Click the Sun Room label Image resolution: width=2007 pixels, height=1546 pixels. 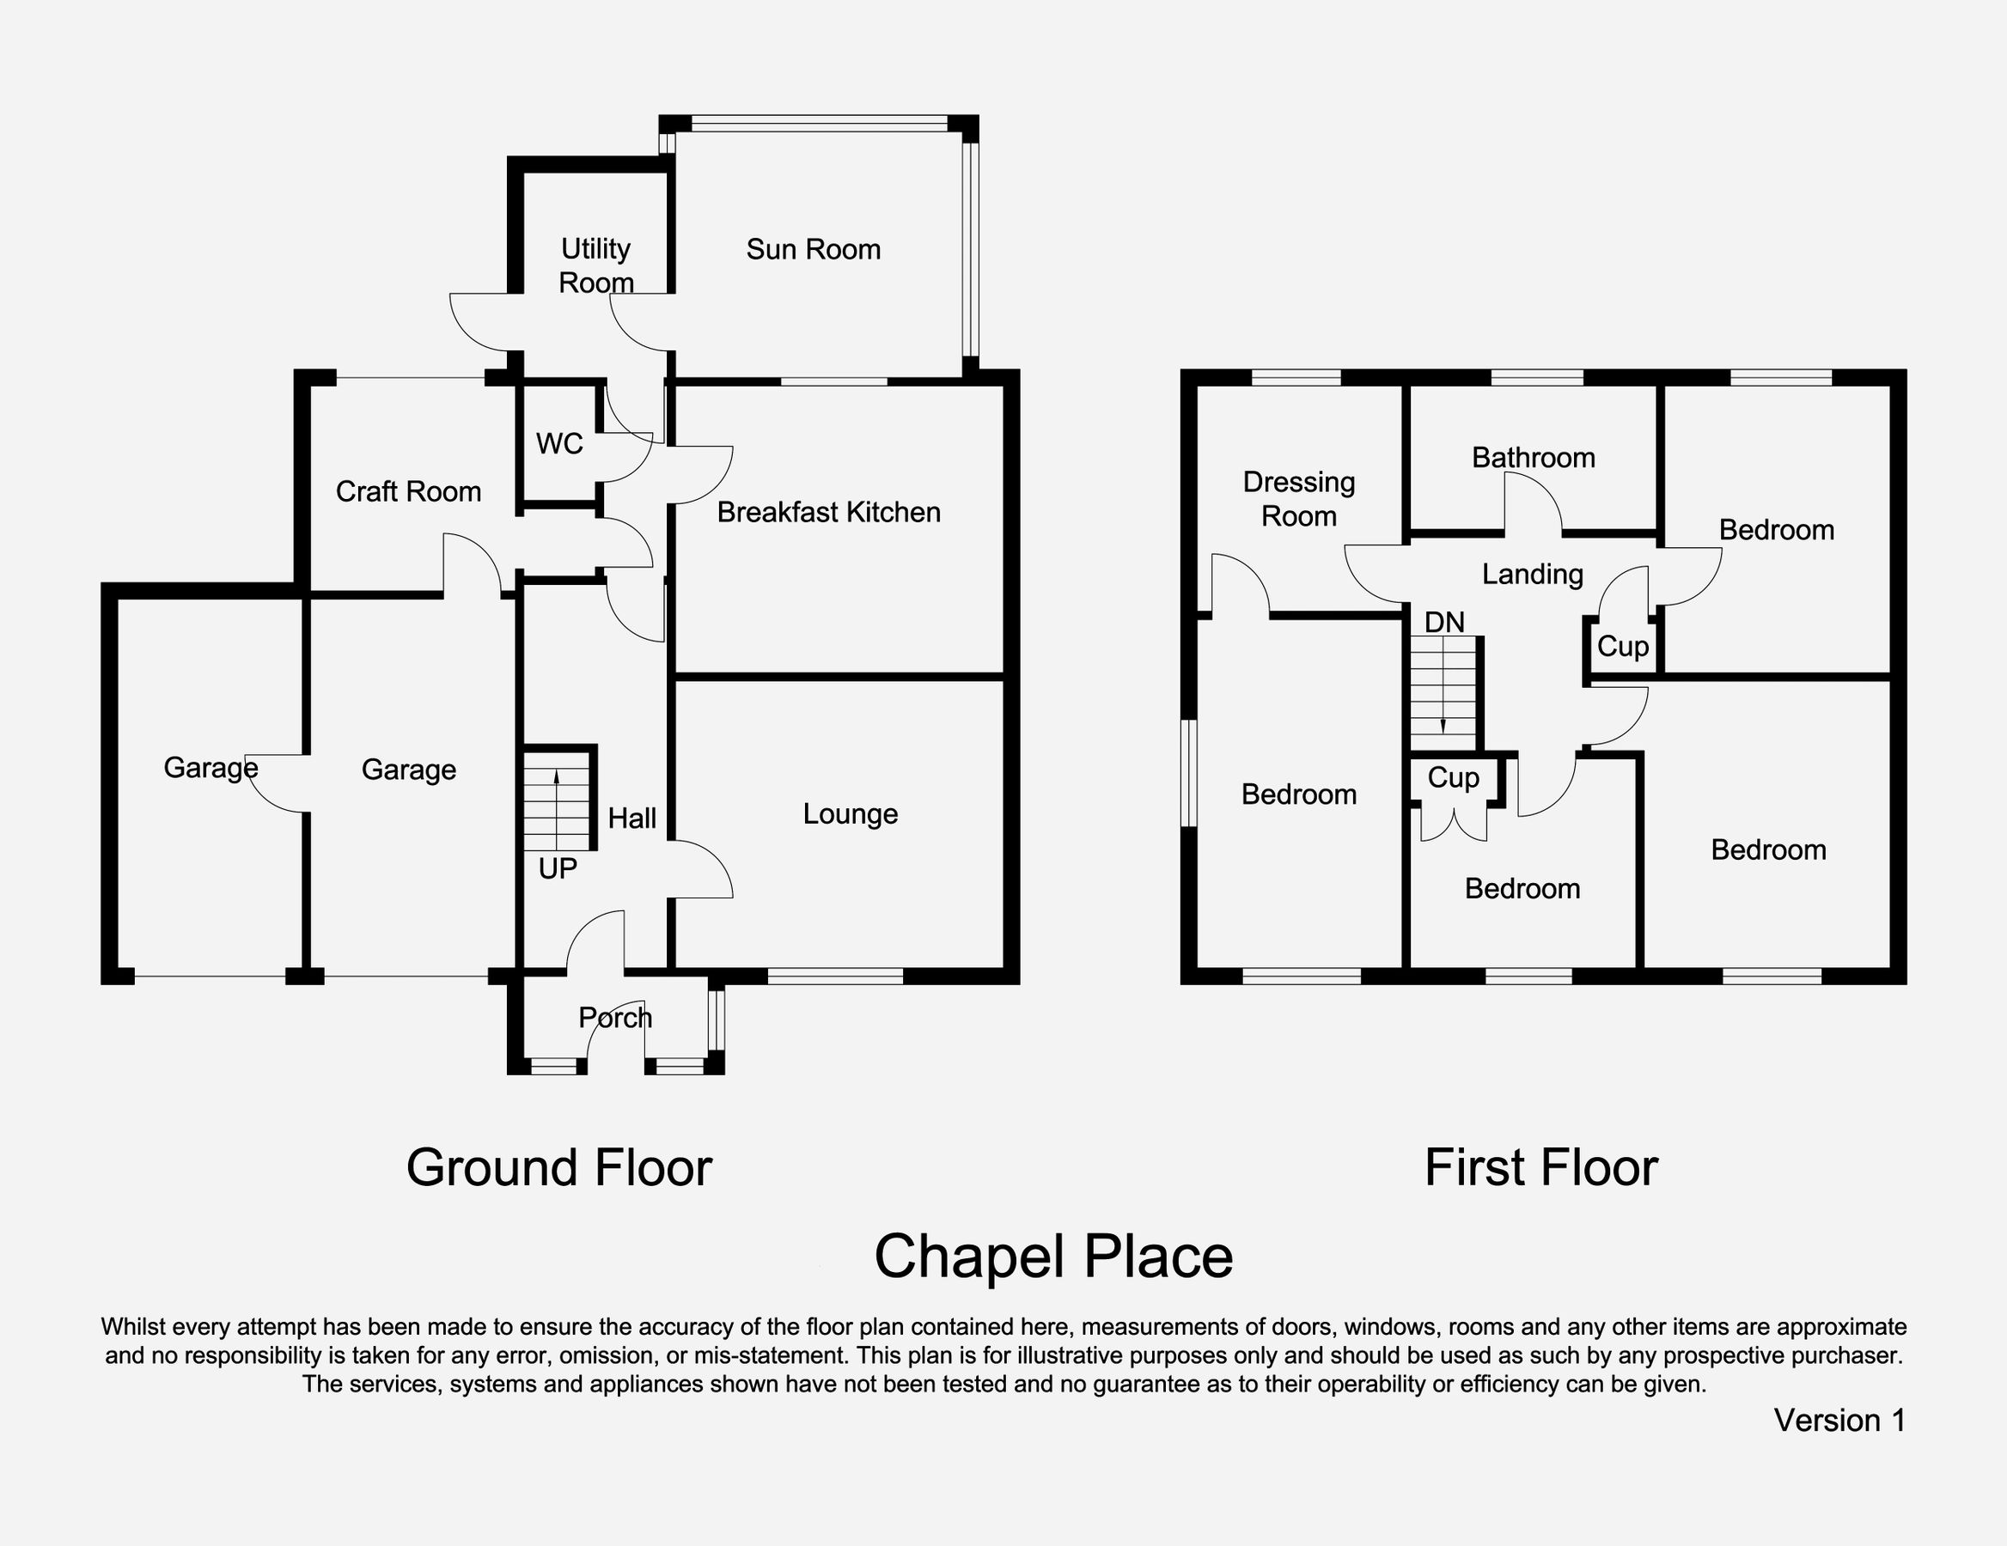tap(813, 249)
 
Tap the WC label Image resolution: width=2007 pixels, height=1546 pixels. tap(558, 444)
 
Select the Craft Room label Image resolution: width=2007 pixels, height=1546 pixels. tap(408, 491)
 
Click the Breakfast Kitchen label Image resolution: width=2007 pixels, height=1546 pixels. tap(828, 512)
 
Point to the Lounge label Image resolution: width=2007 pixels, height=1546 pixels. tap(850, 814)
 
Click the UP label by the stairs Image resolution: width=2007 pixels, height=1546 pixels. tap(557, 868)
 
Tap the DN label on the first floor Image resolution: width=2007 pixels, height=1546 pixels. tap(1443, 622)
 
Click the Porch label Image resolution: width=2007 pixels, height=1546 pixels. tap(615, 1017)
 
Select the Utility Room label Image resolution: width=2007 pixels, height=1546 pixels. tap(595, 265)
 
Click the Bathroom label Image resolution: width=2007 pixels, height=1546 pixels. tap(1533, 458)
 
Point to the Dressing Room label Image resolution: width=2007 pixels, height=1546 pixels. tap(1298, 499)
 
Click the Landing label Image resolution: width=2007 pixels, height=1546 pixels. tap(1532, 574)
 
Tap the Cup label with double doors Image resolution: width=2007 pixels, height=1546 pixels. tap(1452, 778)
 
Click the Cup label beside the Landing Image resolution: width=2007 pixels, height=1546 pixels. tap(1622, 647)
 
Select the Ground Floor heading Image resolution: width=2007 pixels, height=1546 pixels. tap(558, 1167)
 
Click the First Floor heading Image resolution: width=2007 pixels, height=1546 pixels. tap(1540, 1167)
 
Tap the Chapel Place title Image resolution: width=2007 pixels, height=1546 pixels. tap(1052, 1256)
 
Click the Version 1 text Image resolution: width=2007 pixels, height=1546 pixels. tap(1839, 1420)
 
